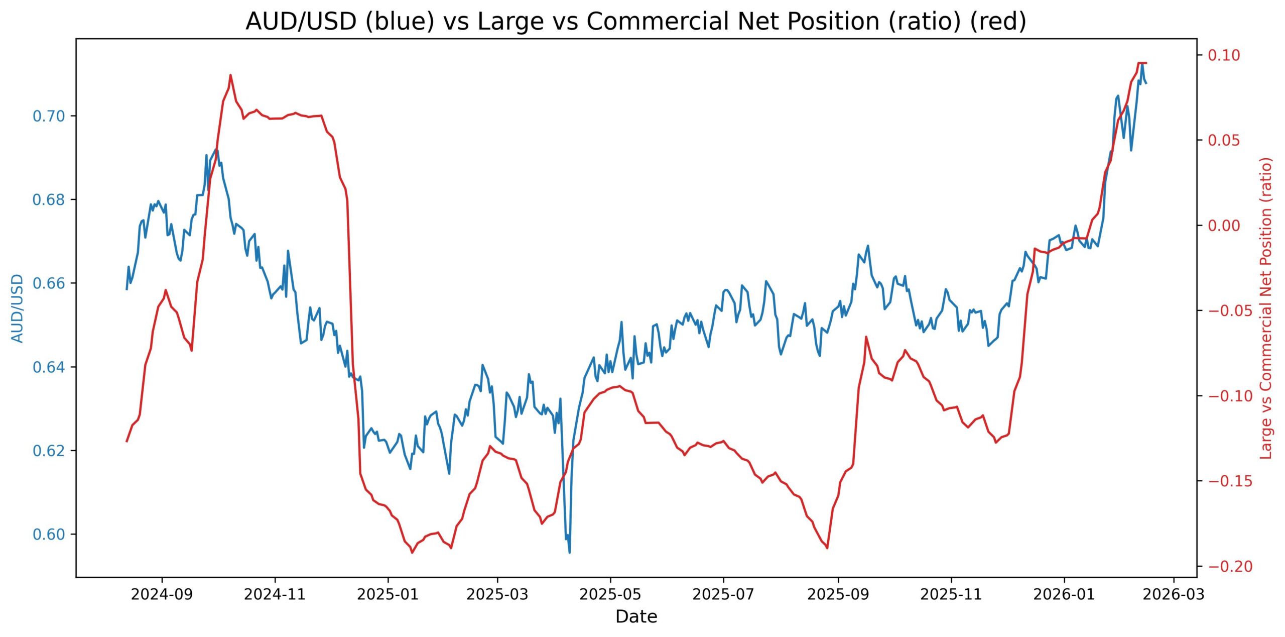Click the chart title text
click(635, 22)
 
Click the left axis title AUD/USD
click(18, 308)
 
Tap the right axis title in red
click(1266, 308)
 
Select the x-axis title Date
click(636, 616)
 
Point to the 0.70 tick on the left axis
click(49, 116)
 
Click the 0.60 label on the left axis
click(49, 535)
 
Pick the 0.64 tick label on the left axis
click(49, 367)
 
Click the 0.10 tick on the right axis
click(1223, 55)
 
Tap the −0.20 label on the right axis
click(1223, 567)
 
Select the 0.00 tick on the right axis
click(1223, 226)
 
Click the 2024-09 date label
click(162, 595)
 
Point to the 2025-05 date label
click(610, 595)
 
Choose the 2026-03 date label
click(1174, 595)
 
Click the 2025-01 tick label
click(388, 595)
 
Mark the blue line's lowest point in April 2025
click(569, 553)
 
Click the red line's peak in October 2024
click(230, 75)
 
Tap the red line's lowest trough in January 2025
click(412, 553)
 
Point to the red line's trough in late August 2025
click(827, 548)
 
